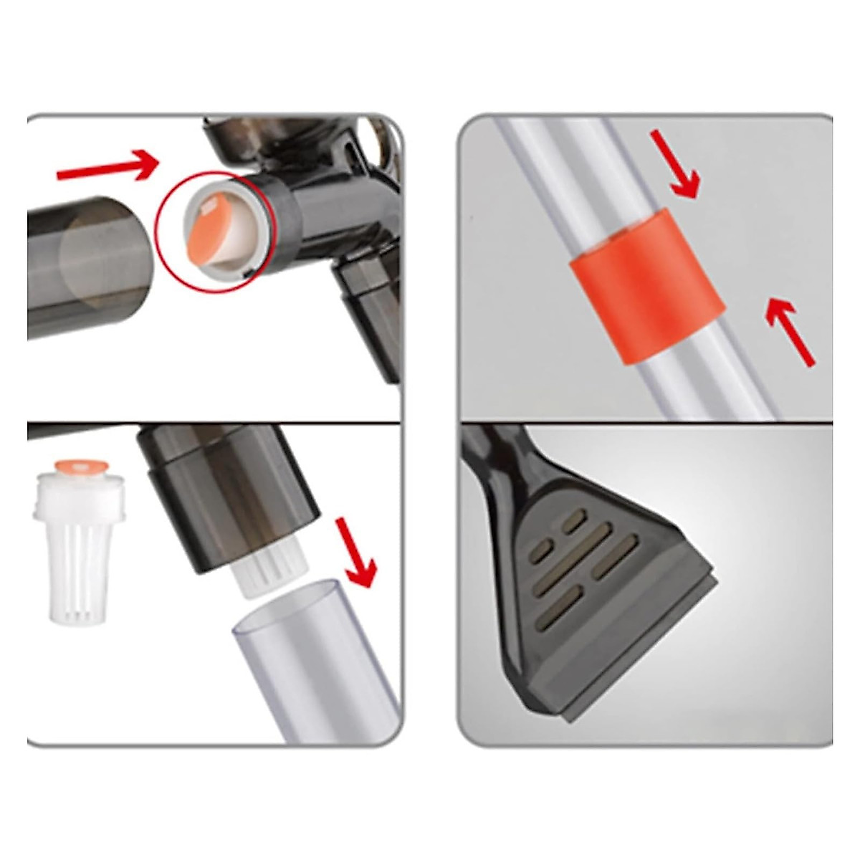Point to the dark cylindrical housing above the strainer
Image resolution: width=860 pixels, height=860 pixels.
click(229, 494)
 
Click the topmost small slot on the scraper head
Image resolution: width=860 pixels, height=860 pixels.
click(573, 524)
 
